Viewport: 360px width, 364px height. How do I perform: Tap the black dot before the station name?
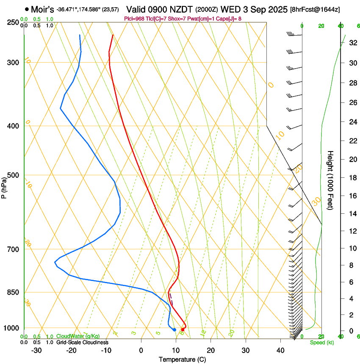pos(27,9)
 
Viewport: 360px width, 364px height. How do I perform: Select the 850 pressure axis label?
pos(12,292)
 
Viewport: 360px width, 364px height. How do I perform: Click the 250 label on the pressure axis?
pos(12,22)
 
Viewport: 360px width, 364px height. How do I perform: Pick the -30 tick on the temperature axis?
pos(36,350)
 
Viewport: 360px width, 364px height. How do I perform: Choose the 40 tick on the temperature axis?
pos(280,350)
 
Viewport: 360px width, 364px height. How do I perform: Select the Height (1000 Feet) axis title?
pos(330,180)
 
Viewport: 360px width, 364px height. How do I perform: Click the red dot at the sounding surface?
pos(183,330)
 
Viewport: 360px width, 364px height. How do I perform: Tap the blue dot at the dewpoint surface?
pos(174,330)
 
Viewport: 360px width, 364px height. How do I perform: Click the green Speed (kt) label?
pos(321,342)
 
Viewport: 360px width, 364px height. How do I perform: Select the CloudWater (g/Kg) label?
pos(78,336)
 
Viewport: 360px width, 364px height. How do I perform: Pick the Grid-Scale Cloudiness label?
pos(82,342)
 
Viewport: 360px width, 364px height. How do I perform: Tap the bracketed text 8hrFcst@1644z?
pos(315,9)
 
